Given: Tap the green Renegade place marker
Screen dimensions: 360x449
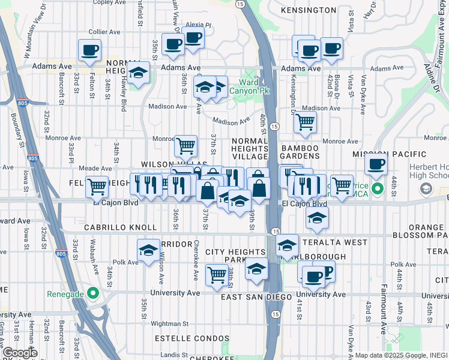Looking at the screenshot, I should point(92,294).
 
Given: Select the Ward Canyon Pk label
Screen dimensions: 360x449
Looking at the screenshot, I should point(255,86).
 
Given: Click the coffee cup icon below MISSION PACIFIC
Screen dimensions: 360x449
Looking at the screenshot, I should point(376,164).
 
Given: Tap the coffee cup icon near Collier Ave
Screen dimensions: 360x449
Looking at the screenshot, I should point(90,50).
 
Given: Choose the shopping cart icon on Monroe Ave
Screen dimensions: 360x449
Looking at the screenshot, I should point(185,145).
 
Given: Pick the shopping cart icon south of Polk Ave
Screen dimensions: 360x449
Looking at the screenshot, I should point(217,275).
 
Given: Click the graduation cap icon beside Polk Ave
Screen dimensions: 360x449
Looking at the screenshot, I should point(148,251).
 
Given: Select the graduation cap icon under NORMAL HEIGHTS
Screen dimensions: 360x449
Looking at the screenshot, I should point(139,73).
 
